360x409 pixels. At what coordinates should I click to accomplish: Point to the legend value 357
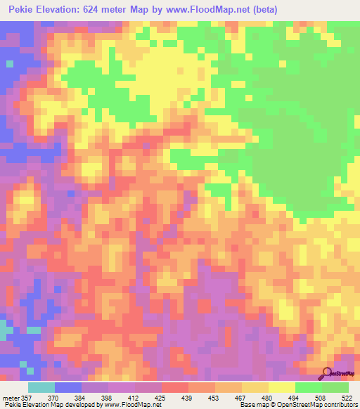coord(27,397)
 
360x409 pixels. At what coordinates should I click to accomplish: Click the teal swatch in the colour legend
coord(41,387)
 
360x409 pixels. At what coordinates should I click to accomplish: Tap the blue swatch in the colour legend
coord(68,387)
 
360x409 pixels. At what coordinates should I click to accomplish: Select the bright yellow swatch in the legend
coord(282,387)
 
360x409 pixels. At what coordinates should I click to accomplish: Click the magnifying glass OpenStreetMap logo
coord(326,373)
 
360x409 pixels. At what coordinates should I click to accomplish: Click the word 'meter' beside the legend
coord(10,397)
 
